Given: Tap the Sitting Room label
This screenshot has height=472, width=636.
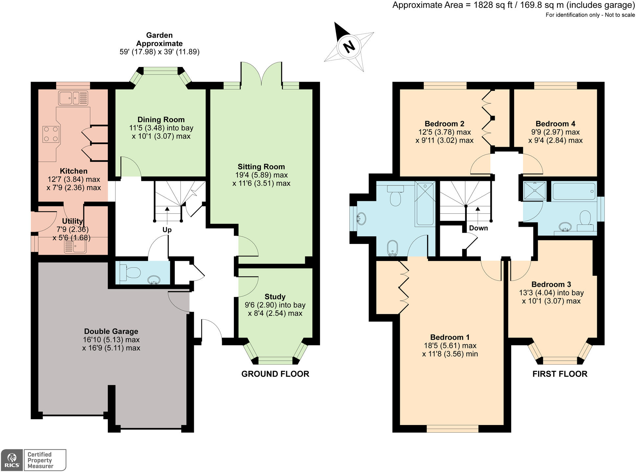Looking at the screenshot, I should [x=261, y=167].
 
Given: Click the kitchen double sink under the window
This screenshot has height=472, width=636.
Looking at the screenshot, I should [x=73, y=97].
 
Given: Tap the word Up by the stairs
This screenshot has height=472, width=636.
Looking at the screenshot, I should [x=167, y=230].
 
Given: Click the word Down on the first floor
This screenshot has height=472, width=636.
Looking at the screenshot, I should [x=478, y=228].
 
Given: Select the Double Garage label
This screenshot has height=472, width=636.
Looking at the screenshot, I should [x=111, y=332].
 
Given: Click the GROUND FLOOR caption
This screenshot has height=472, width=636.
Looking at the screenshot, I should [x=275, y=374].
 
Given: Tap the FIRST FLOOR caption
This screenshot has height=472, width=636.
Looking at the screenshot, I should [x=560, y=374].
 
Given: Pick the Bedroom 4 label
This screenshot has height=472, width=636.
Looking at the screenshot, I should [x=555, y=124].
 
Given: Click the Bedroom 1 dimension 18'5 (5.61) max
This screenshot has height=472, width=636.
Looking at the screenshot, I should [x=450, y=346].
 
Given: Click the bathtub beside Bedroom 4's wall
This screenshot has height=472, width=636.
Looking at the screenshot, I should [x=574, y=191].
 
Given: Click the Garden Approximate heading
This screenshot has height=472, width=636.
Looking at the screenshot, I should [x=159, y=39].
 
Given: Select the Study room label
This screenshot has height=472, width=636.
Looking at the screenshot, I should [x=275, y=297].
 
